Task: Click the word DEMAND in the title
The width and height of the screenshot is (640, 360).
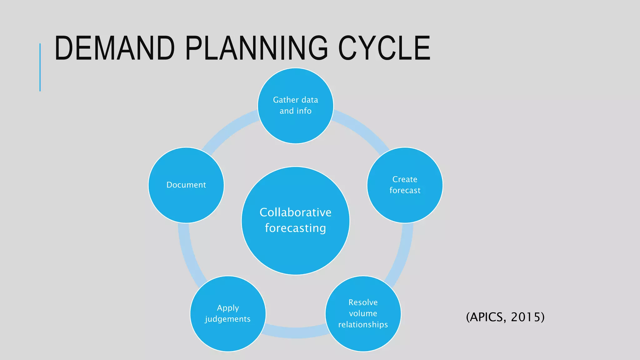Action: click(114, 48)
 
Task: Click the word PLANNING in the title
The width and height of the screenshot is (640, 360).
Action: click(256, 48)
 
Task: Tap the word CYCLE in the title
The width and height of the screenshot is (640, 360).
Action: click(384, 48)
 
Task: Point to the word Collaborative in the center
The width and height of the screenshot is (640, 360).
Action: click(295, 212)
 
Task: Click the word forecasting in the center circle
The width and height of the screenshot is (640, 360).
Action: click(295, 228)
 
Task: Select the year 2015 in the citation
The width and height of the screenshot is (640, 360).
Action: click(527, 317)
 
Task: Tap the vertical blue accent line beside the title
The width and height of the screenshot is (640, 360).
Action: click(40, 67)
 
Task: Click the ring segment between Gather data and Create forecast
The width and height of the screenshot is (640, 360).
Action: click(362, 128)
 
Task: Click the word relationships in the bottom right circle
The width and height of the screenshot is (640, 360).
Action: click(363, 325)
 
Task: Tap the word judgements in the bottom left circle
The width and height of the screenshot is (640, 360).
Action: click(228, 319)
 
